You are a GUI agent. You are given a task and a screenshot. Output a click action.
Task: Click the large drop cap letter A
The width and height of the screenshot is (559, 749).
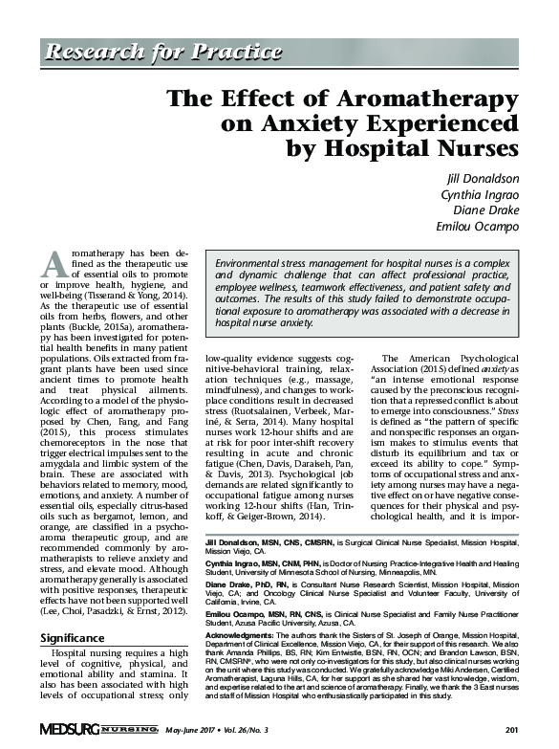click(54, 264)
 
